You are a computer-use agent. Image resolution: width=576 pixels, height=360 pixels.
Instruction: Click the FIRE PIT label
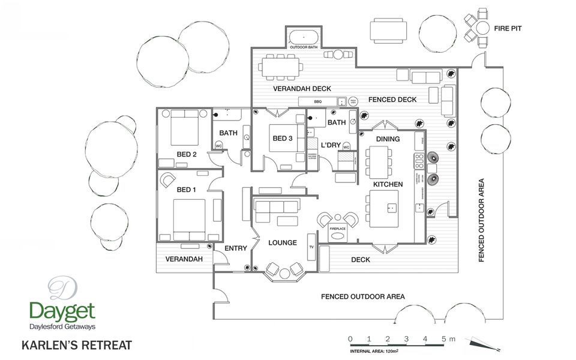tap(510, 28)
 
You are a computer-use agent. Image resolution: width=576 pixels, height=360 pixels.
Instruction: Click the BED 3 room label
tap(283, 139)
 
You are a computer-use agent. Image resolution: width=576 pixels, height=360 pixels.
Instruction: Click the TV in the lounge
tap(311, 246)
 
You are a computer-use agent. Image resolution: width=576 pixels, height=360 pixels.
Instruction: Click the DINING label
tap(388, 139)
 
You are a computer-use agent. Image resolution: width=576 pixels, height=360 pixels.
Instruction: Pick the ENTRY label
tap(236, 248)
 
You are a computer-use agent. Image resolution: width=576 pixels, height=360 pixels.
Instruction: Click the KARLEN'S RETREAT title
tap(76, 346)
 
